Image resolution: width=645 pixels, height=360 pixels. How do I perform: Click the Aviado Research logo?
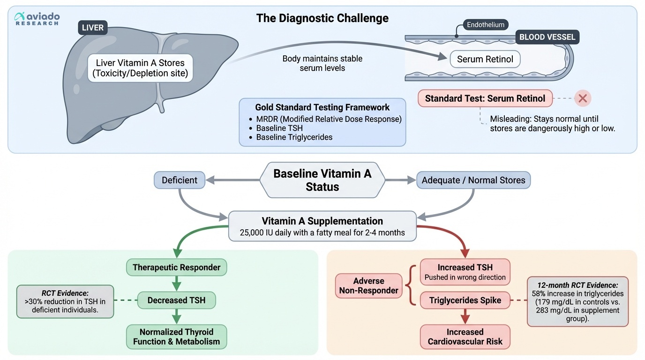coord(37,18)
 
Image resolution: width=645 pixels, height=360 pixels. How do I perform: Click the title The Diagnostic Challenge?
coord(322,18)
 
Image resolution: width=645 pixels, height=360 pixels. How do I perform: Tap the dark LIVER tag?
coord(93,28)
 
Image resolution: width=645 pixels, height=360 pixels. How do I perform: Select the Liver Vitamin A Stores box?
coord(140,68)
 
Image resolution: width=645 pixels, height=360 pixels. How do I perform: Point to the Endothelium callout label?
coord(486,25)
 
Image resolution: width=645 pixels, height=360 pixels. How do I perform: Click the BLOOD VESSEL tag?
coord(547,37)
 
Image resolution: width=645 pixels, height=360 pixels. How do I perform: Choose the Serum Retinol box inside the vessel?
coord(485,59)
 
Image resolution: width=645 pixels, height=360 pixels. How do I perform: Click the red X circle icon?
coord(583,98)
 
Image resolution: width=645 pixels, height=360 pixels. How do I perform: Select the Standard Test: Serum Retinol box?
coord(485,98)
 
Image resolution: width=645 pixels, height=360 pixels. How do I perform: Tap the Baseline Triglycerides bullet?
coord(295,137)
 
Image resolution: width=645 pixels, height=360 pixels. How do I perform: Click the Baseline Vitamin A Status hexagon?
coord(322,180)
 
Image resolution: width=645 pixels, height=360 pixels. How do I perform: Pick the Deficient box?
coord(180,180)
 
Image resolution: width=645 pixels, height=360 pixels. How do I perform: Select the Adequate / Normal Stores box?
coord(473,180)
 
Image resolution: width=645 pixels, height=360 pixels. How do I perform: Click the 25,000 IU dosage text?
coord(322,232)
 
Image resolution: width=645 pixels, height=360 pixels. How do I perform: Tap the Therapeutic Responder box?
coord(176,267)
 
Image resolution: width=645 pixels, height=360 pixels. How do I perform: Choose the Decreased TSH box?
coord(176,300)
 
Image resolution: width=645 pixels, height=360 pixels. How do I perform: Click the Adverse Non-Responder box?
coord(368,285)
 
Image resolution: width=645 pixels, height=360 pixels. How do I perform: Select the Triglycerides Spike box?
coord(465,300)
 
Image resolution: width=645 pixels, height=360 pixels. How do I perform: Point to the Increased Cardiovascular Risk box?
coord(465,337)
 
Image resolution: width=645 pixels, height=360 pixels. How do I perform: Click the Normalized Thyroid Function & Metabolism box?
coord(176,337)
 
